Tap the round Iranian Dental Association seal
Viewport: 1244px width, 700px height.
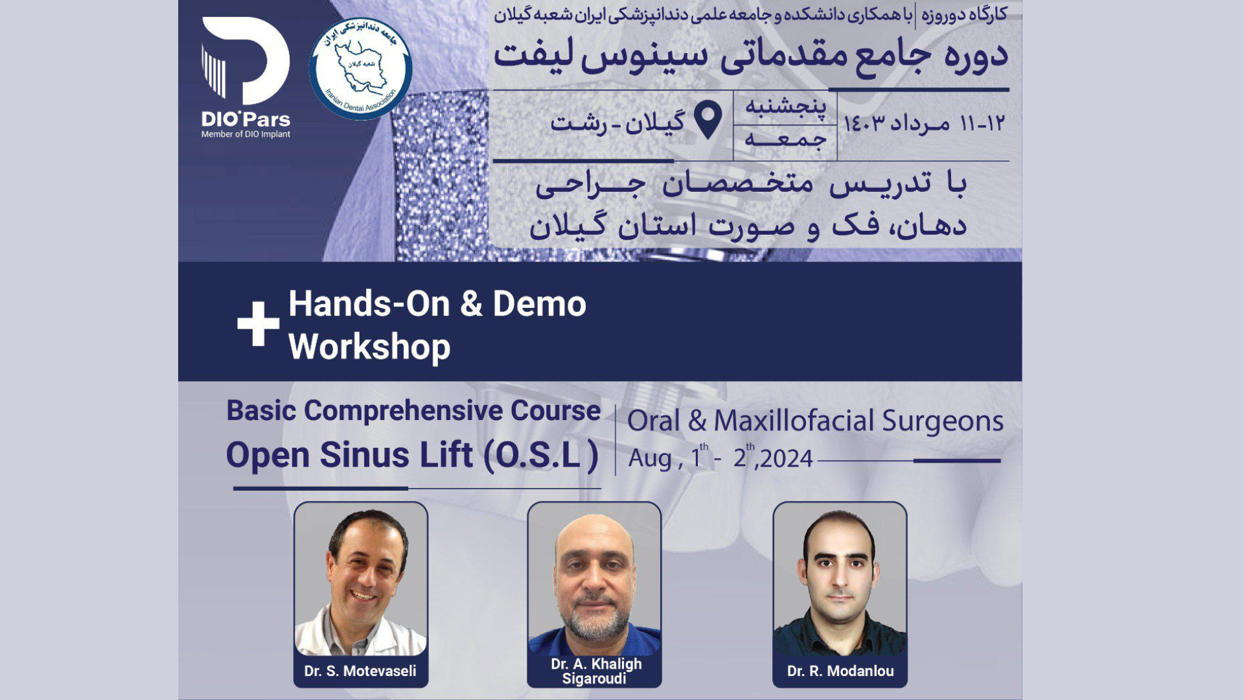click(x=360, y=68)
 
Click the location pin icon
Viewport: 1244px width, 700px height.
click(x=708, y=121)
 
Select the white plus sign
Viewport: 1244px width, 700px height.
click(x=258, y=324)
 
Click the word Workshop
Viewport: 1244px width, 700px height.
click(x=369, y=347)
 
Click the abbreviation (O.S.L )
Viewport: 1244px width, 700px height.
click(x=541, y=455)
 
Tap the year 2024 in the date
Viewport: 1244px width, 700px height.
click(x=787, y=459)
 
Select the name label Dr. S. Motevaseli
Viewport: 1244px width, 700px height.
click(x=360, y=671)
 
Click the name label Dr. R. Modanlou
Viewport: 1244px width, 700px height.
click(x=840, y=671)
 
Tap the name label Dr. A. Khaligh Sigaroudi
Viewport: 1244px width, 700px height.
click(x=596, y=671)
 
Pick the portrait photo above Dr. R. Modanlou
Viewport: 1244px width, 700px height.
click(x=840, y=579)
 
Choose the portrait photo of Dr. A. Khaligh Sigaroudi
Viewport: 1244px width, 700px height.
click(x=594, y=579)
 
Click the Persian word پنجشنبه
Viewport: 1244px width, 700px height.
click(x=786, y=107)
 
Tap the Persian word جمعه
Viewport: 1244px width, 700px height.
click(x=785, y=140)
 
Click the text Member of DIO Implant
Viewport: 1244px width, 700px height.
click(x=246, y=134)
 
